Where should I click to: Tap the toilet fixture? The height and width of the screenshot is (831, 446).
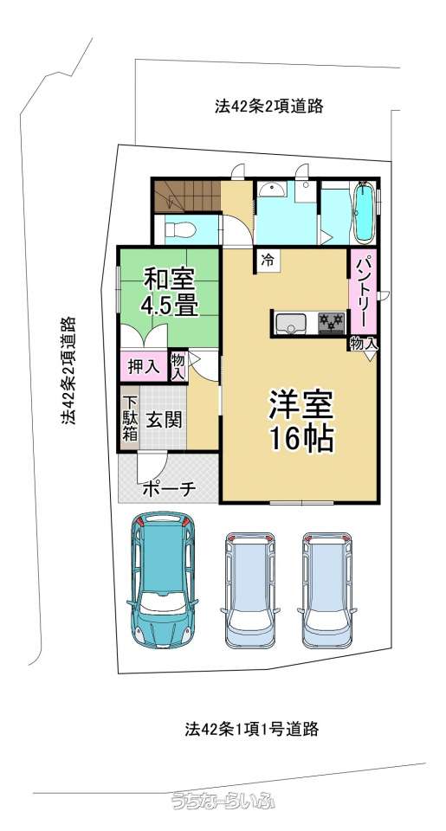tap(180, 230)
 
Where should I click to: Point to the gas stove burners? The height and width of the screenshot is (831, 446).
tap(332, 322)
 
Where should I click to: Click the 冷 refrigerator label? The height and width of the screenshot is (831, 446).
tap(268, 261)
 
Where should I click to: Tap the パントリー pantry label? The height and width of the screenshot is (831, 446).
tap(363, 292)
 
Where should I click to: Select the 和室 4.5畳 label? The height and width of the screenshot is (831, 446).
tap(169, 292)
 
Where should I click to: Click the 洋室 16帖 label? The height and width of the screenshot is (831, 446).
tap(301, 420)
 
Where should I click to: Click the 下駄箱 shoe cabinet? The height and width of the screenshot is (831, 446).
tap(130, 418)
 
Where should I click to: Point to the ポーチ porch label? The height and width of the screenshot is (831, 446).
tap(169, 487)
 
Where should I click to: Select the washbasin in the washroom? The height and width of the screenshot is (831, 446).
tap(272, 190)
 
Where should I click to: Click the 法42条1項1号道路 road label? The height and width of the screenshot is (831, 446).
tap(252, 729)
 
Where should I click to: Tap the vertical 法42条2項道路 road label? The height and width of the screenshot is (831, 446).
tap(68, 370)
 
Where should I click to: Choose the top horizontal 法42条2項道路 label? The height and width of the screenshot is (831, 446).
tap(268, 106)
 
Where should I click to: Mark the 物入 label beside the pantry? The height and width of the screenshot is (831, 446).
tap(364, 344)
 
